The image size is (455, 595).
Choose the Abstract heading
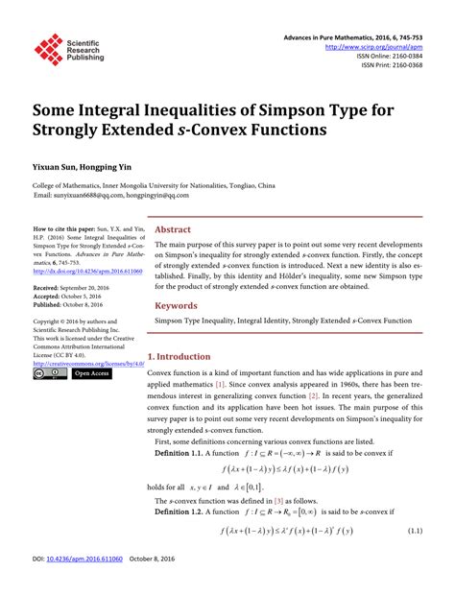173,230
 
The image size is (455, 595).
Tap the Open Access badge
90,373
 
